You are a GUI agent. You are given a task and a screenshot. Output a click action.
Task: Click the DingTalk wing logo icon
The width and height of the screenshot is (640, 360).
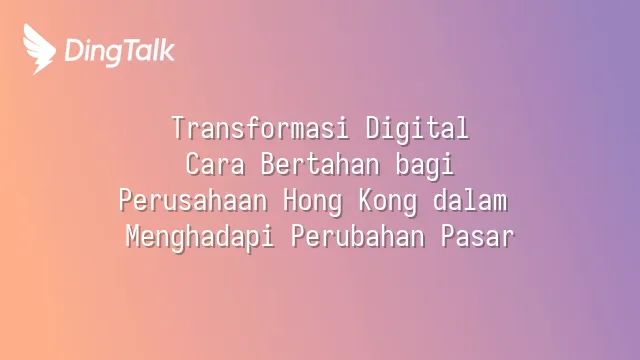point(39,49)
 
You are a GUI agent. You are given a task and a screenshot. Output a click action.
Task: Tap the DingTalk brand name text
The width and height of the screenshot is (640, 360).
point(120,52)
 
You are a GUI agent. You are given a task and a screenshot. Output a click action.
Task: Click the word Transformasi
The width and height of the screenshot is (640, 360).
point(260,128)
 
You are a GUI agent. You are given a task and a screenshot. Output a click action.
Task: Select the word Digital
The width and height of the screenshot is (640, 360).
point(417,128)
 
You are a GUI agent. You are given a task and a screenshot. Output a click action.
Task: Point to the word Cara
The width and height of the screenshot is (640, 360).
point(216,164)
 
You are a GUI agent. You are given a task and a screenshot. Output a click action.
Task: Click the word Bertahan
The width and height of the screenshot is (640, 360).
point(320,164)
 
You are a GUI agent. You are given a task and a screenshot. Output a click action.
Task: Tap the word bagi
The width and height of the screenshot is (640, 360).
point(425,167)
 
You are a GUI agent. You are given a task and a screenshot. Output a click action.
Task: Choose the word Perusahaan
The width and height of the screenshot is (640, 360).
point(193,200)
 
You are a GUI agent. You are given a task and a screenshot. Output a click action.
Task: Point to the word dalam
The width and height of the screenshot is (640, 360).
point(470,200)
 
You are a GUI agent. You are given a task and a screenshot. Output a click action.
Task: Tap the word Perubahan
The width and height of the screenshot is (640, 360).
point(358,236)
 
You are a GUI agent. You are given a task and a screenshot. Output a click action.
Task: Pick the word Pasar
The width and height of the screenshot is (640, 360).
point(478,236)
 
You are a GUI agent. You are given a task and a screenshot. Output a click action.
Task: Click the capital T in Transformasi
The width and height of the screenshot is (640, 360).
point(179,128)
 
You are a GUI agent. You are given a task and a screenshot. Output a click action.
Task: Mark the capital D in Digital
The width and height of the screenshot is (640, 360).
point(373,128)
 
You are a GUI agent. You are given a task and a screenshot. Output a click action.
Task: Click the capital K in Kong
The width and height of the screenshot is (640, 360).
point(366,200)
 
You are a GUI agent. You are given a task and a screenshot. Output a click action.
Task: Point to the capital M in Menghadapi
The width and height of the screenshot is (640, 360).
point(133,236)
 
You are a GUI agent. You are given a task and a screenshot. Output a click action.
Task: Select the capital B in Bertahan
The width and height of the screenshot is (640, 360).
point(268,164)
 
